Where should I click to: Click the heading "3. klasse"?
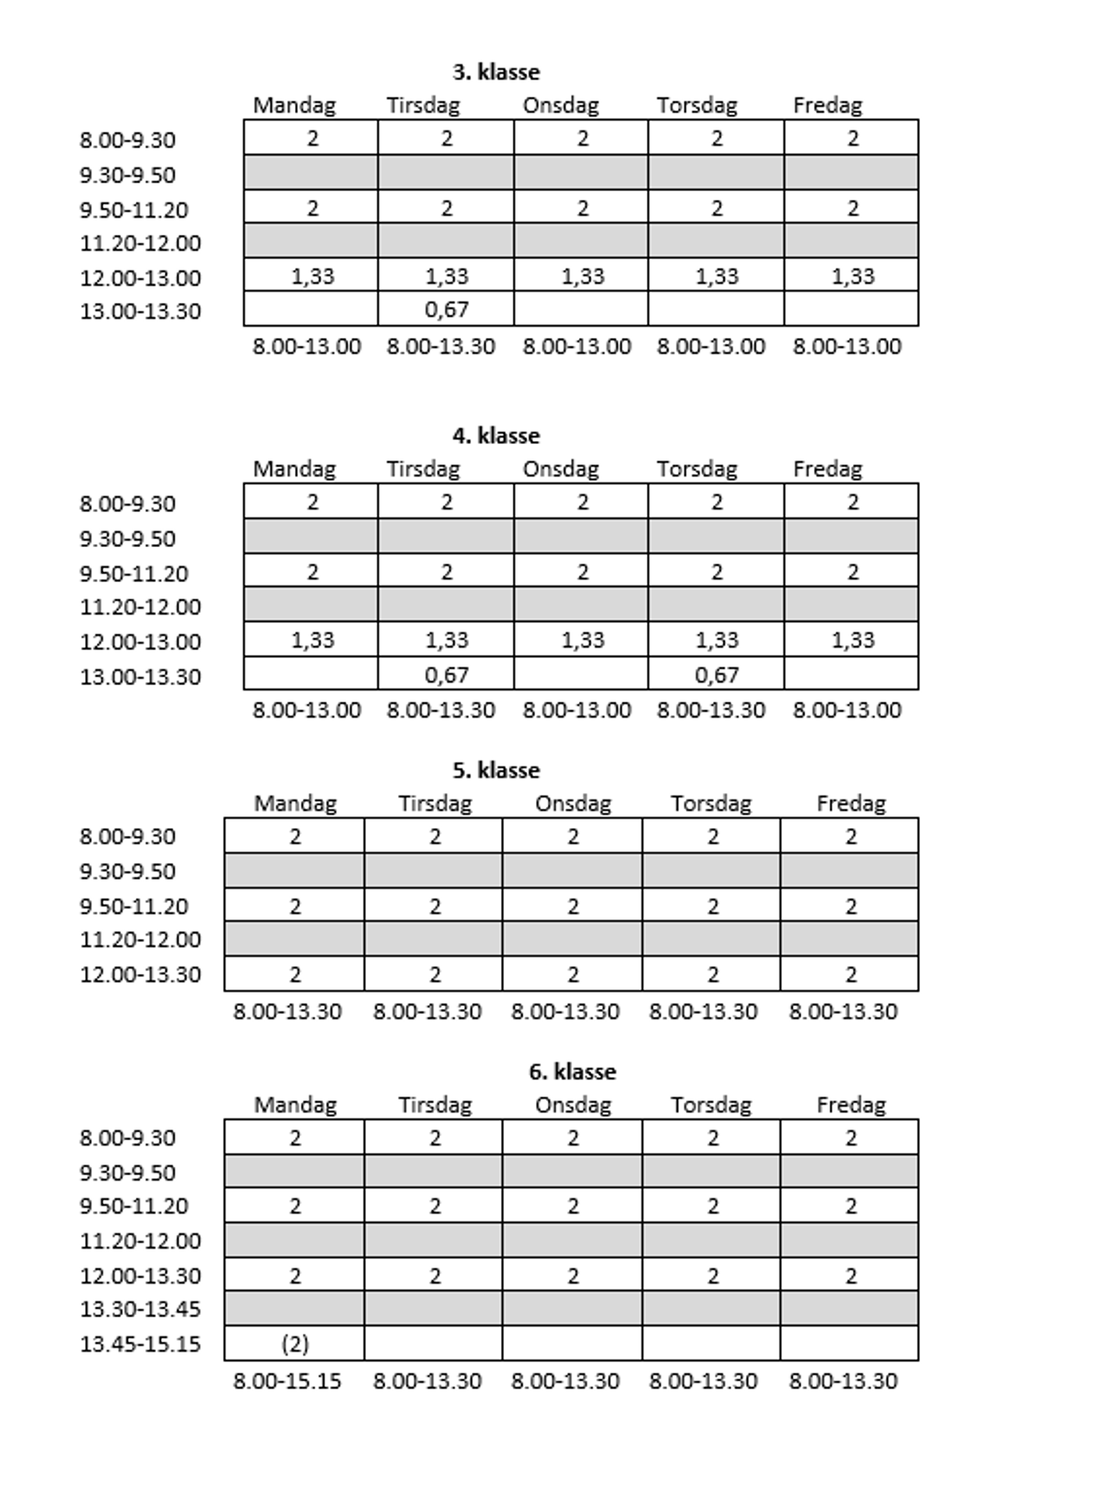point(495,72)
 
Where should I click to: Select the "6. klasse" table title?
point(572,1072)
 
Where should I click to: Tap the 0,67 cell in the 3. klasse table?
point(446,310)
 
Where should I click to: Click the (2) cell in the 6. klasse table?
point(294,1343)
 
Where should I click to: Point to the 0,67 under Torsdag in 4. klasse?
point(716,674)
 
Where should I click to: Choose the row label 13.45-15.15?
point(140,1344)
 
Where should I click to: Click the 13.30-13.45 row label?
point(140,1309)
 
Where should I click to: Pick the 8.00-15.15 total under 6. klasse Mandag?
point(287,1381)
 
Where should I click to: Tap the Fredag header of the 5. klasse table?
point(851,803)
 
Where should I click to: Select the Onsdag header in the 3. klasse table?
point(560,105)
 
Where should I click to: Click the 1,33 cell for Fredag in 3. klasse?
point(852,276)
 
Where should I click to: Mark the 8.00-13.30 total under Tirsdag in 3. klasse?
point(441,346)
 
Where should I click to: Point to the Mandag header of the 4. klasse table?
point(294,469)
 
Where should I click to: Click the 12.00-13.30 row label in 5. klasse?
point(140,974)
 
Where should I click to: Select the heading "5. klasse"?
point(495,770)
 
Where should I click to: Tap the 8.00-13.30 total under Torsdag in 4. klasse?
point(711,709)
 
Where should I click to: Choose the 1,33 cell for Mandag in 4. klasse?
point(312,640)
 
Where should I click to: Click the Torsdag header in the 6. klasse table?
point(711,1104)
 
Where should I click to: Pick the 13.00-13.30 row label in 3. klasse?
point(140,311)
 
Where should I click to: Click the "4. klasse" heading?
point(495,435)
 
